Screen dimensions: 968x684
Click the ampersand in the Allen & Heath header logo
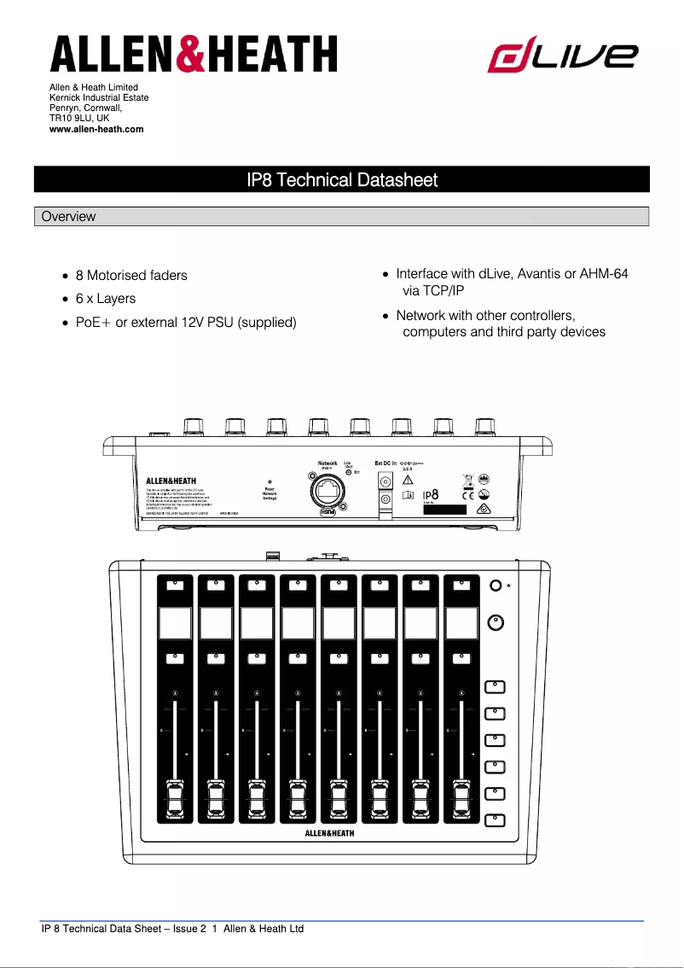[x=192, y=55]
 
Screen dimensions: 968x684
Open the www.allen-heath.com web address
[x=96, y=129]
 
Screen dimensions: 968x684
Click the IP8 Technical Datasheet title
[x=341, y=180]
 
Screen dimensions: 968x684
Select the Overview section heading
[x=69, y=217]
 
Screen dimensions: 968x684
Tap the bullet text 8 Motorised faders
[x=131, y=276]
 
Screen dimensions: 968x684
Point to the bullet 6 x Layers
[x=106, y=299]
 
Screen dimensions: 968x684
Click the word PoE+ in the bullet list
[x=94, y=323]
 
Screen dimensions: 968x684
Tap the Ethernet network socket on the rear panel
[x=328, y=491]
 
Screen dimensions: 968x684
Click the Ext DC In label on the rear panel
[x=385, y=464]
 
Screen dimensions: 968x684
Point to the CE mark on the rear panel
[x=467, y=494]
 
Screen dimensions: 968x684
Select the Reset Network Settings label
[x=270, y=493]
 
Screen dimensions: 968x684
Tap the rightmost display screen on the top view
[x=461, y=623]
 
